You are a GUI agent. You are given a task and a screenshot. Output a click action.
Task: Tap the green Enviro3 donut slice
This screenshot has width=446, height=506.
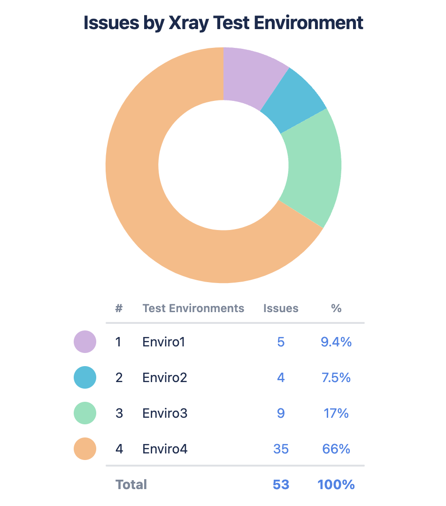312,167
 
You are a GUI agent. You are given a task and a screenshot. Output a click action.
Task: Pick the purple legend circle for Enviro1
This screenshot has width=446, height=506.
85,342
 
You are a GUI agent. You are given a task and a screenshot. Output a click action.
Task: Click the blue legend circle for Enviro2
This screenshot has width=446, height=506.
85,377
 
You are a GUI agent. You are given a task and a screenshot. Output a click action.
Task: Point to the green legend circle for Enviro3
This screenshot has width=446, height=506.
85,413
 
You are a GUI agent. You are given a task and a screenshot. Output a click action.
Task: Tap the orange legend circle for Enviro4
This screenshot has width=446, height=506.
85,449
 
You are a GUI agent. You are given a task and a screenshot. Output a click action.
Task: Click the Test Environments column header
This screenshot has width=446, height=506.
193,308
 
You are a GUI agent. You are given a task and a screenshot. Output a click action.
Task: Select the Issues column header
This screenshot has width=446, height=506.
281,308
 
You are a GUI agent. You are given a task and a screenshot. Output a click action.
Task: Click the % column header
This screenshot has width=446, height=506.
336,308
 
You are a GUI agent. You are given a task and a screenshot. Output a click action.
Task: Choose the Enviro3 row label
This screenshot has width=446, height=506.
165,414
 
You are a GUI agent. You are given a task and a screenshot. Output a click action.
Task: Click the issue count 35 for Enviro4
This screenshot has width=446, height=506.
281,449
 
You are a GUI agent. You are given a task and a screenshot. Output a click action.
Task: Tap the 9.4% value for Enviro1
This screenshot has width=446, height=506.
336,342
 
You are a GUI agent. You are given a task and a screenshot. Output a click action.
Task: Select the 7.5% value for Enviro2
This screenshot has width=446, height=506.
336,378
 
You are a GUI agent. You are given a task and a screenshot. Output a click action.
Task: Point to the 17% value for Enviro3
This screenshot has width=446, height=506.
336,414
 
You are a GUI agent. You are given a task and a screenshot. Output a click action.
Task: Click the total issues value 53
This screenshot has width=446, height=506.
281,484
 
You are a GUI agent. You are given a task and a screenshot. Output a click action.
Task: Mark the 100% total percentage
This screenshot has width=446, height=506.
336,484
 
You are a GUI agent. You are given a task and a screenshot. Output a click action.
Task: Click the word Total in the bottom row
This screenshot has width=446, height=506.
131,484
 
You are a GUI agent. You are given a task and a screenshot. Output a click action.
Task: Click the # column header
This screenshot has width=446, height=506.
119,308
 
